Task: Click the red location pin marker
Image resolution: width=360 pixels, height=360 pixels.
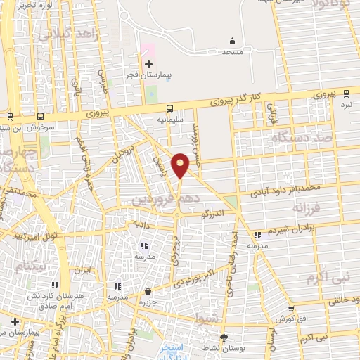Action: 181,164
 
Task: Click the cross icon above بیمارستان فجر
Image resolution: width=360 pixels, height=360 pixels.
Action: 148,64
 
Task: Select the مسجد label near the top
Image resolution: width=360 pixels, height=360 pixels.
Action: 233,52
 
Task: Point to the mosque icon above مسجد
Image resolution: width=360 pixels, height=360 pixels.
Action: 233,41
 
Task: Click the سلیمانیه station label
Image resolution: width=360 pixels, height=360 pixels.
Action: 170,120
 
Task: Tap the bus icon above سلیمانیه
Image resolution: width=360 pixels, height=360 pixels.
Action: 170,109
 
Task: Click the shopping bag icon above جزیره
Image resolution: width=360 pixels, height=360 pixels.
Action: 148,291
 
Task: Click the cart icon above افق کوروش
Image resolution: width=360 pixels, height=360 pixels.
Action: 291,309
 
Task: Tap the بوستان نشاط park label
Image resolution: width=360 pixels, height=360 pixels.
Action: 226,348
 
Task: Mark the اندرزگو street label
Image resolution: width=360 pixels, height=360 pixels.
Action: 212,212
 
